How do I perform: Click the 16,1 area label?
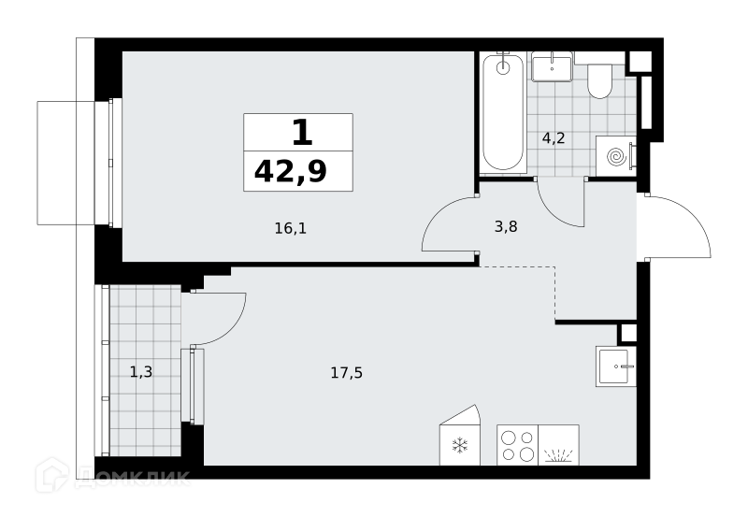click(291, 228)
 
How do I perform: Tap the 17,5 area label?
click(346, 372)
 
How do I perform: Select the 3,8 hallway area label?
click(506, 226)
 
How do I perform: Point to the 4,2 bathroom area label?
click(554, 138)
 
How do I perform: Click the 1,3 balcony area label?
click(141, 371)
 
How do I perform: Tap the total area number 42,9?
click(291, 172)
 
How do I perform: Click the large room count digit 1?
click(302, 132)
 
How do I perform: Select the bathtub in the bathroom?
click(503, 112)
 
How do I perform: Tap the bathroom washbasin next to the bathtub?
click(552, 67)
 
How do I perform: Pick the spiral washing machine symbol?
click(615, 156)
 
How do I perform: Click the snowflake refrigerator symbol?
click(459, 445)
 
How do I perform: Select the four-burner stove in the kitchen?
click(518, 445)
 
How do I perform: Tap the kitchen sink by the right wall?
click(615, 366)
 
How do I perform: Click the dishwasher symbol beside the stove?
click(558, 445)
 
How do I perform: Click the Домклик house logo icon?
click(51, 475)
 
